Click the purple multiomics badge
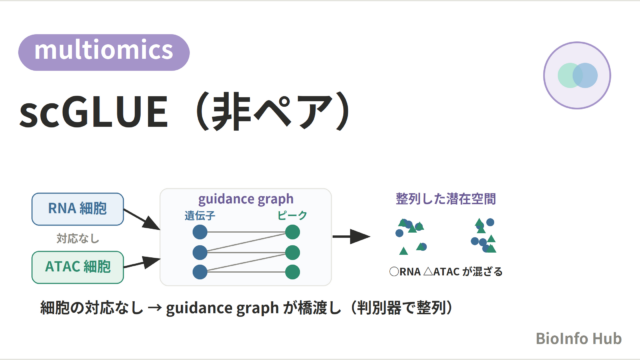104,52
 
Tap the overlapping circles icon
577,76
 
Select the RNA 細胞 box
78,209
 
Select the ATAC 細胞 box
78,267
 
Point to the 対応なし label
78,238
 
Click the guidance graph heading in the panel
246,199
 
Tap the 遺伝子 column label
200,215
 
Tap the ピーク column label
292,215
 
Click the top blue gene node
200,232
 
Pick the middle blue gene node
200,252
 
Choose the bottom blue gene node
200,272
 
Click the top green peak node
293,232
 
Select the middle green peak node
293,252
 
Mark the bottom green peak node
293,272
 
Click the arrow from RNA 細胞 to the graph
142,219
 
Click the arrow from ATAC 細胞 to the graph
142,263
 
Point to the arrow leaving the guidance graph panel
351,236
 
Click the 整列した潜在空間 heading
446,199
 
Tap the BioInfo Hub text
578,338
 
